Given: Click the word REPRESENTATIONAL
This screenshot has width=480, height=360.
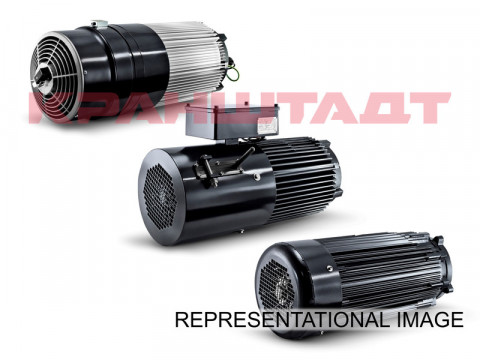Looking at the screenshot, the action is pos(282,319).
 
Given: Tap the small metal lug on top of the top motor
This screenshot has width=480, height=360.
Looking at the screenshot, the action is pos(97,22).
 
